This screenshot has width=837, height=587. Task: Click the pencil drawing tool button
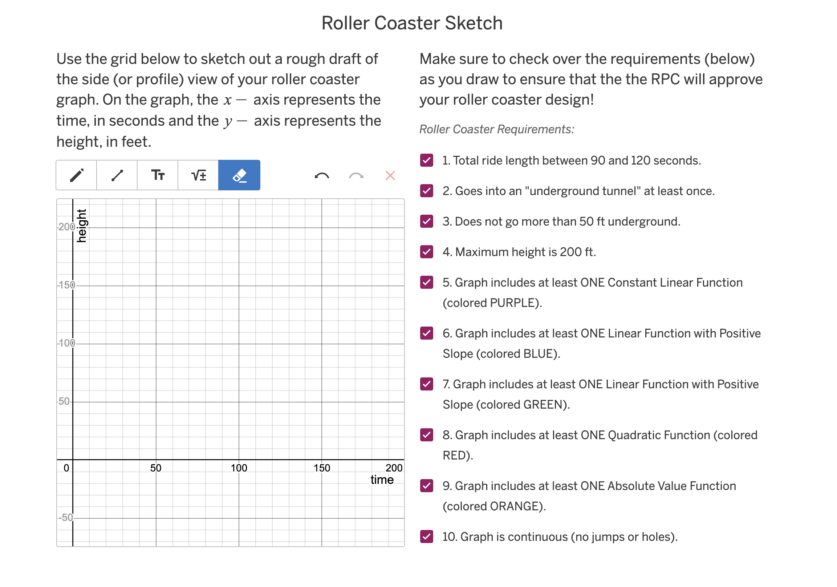click(x=77, y=175)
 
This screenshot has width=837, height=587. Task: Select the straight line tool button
click(x=117, y=175)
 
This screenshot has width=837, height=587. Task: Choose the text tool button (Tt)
click(x=158, y=175)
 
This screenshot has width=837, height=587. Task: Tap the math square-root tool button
click(x=199, y=175)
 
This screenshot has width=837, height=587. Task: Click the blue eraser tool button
click(x=240, y=175)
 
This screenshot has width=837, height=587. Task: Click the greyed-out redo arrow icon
click(x=356, y=176)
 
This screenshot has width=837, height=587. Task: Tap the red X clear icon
click(x=390, y=176)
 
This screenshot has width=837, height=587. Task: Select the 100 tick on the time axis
click(x=239, y=468)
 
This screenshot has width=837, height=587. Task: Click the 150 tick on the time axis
click(x=322, y=468)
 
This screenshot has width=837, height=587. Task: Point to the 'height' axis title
click(x=82, y=226)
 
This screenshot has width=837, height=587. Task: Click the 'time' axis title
click(x=382, y=480)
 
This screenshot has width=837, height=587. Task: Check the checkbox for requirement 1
click(x=427, y=161)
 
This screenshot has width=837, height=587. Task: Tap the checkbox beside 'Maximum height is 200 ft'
click(x=427, y=252)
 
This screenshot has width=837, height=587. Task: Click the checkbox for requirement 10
click(x=427, y=537)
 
